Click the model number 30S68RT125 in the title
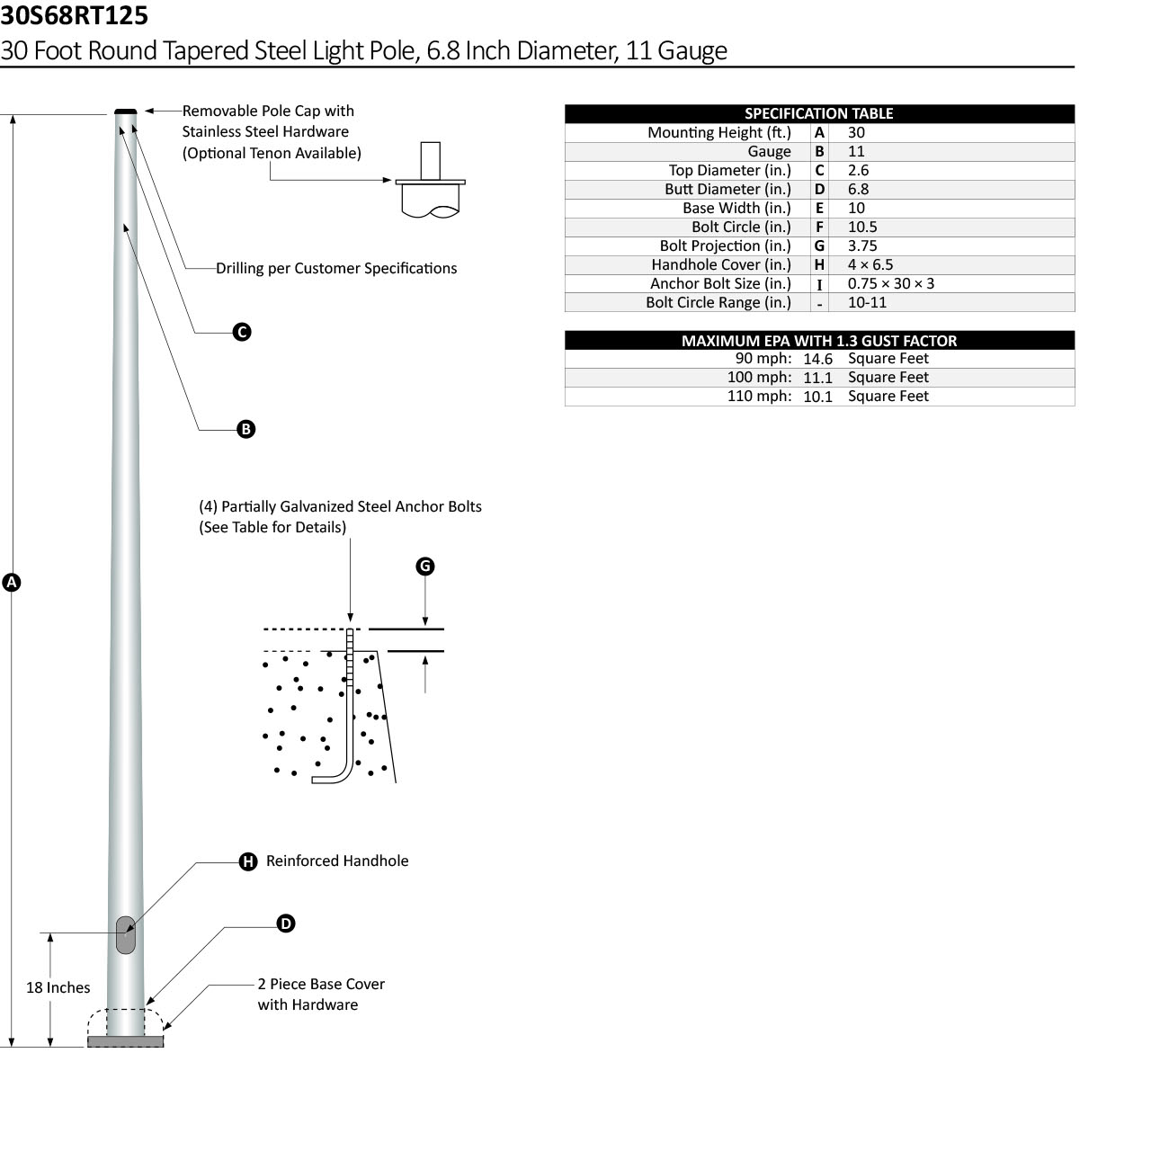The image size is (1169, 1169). point(74,15)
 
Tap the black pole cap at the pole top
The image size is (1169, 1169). point(126,112)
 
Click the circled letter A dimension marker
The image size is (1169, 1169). point(12,582)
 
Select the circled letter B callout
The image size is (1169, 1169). point(246,429)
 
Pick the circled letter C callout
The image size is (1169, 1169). point(242,332)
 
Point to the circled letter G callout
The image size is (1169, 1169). point(425,566)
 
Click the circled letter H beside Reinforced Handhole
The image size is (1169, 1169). point(248,861)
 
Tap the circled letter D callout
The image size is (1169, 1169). point(286,924)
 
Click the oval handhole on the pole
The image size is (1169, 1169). point(126,935)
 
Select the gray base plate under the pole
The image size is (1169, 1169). point(125,1041)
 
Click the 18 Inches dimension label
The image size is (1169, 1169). point(58,987)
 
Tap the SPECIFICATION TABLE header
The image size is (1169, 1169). point(818,113)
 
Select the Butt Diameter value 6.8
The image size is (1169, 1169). point(858,189)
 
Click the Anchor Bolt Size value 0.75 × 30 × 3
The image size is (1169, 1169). point(890,283)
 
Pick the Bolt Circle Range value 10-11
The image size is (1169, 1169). point(867,302)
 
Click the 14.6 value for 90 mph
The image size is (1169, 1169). point(817,359)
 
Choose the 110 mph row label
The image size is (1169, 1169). point(759,396)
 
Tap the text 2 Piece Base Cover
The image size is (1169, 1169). point(321,984)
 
